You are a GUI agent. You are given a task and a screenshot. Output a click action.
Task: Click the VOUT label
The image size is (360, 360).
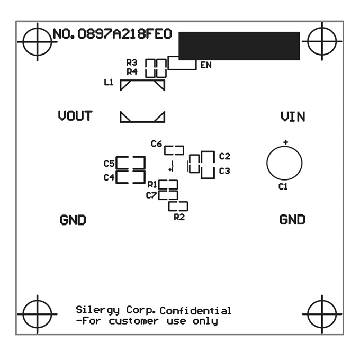[75, 116]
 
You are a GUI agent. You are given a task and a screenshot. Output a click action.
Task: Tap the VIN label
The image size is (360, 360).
[293, 116]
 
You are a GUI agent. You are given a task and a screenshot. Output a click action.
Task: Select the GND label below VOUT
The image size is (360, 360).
[73, 220]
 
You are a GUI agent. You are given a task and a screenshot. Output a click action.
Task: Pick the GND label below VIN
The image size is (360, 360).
[292, 219]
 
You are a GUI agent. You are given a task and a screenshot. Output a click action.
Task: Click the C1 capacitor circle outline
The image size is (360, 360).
[284, 163]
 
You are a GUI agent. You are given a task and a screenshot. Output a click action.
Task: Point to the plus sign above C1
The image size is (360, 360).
[285, 142]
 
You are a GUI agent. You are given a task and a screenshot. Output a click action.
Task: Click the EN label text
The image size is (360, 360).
[206, 65]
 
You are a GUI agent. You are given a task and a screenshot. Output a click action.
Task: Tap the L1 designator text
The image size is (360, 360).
[109, 82]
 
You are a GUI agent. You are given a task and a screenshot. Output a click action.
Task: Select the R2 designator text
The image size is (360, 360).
[179, 217]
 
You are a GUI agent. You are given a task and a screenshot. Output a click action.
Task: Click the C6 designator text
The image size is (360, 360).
[156, 143]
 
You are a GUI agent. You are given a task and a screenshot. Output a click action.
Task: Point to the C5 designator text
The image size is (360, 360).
[109, 163]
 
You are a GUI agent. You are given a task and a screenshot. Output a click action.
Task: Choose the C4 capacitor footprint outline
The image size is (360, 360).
[130, 177]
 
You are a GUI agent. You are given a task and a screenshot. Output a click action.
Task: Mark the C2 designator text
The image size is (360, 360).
[224, 156]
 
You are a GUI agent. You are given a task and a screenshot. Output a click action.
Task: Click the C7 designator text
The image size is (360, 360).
[151, 195]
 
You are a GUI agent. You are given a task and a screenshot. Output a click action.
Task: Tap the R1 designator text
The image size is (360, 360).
[152, 184]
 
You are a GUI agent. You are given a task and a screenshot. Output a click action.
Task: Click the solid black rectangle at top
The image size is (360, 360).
[239, 46]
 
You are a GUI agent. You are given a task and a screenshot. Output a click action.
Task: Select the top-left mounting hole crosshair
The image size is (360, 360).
[37, 41]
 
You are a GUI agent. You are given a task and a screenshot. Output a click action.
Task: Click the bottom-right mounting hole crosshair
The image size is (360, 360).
[322, 313]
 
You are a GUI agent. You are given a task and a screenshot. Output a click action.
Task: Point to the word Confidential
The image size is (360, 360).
[195, 311]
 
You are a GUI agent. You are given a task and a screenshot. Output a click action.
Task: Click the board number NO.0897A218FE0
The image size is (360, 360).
[112, 34]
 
